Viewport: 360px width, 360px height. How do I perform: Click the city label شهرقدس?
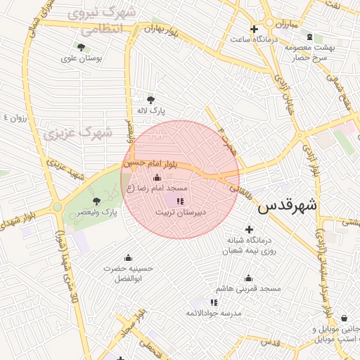tap(288, 207)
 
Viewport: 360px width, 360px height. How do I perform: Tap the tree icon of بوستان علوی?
tap(82, 48)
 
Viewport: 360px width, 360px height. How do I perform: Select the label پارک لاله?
tap(150, 111)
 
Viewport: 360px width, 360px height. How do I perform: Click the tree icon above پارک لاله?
tap(150, 99)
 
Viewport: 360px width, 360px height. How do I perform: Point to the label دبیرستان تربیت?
tap(180, 211)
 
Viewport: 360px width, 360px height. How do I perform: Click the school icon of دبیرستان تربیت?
tap(180, 201)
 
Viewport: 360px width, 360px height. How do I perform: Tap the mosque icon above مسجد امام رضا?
tap(156, 177)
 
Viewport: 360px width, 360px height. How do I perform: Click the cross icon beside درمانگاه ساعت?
tap(255, 29)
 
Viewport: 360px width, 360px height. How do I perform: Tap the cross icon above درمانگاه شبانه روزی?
tap(249, 229)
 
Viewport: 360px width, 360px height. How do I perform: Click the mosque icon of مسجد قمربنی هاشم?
tap(248, 278)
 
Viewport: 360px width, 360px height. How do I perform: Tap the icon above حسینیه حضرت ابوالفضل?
tap(128, 257)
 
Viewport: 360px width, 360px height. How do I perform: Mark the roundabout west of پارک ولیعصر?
tap(56, 207)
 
